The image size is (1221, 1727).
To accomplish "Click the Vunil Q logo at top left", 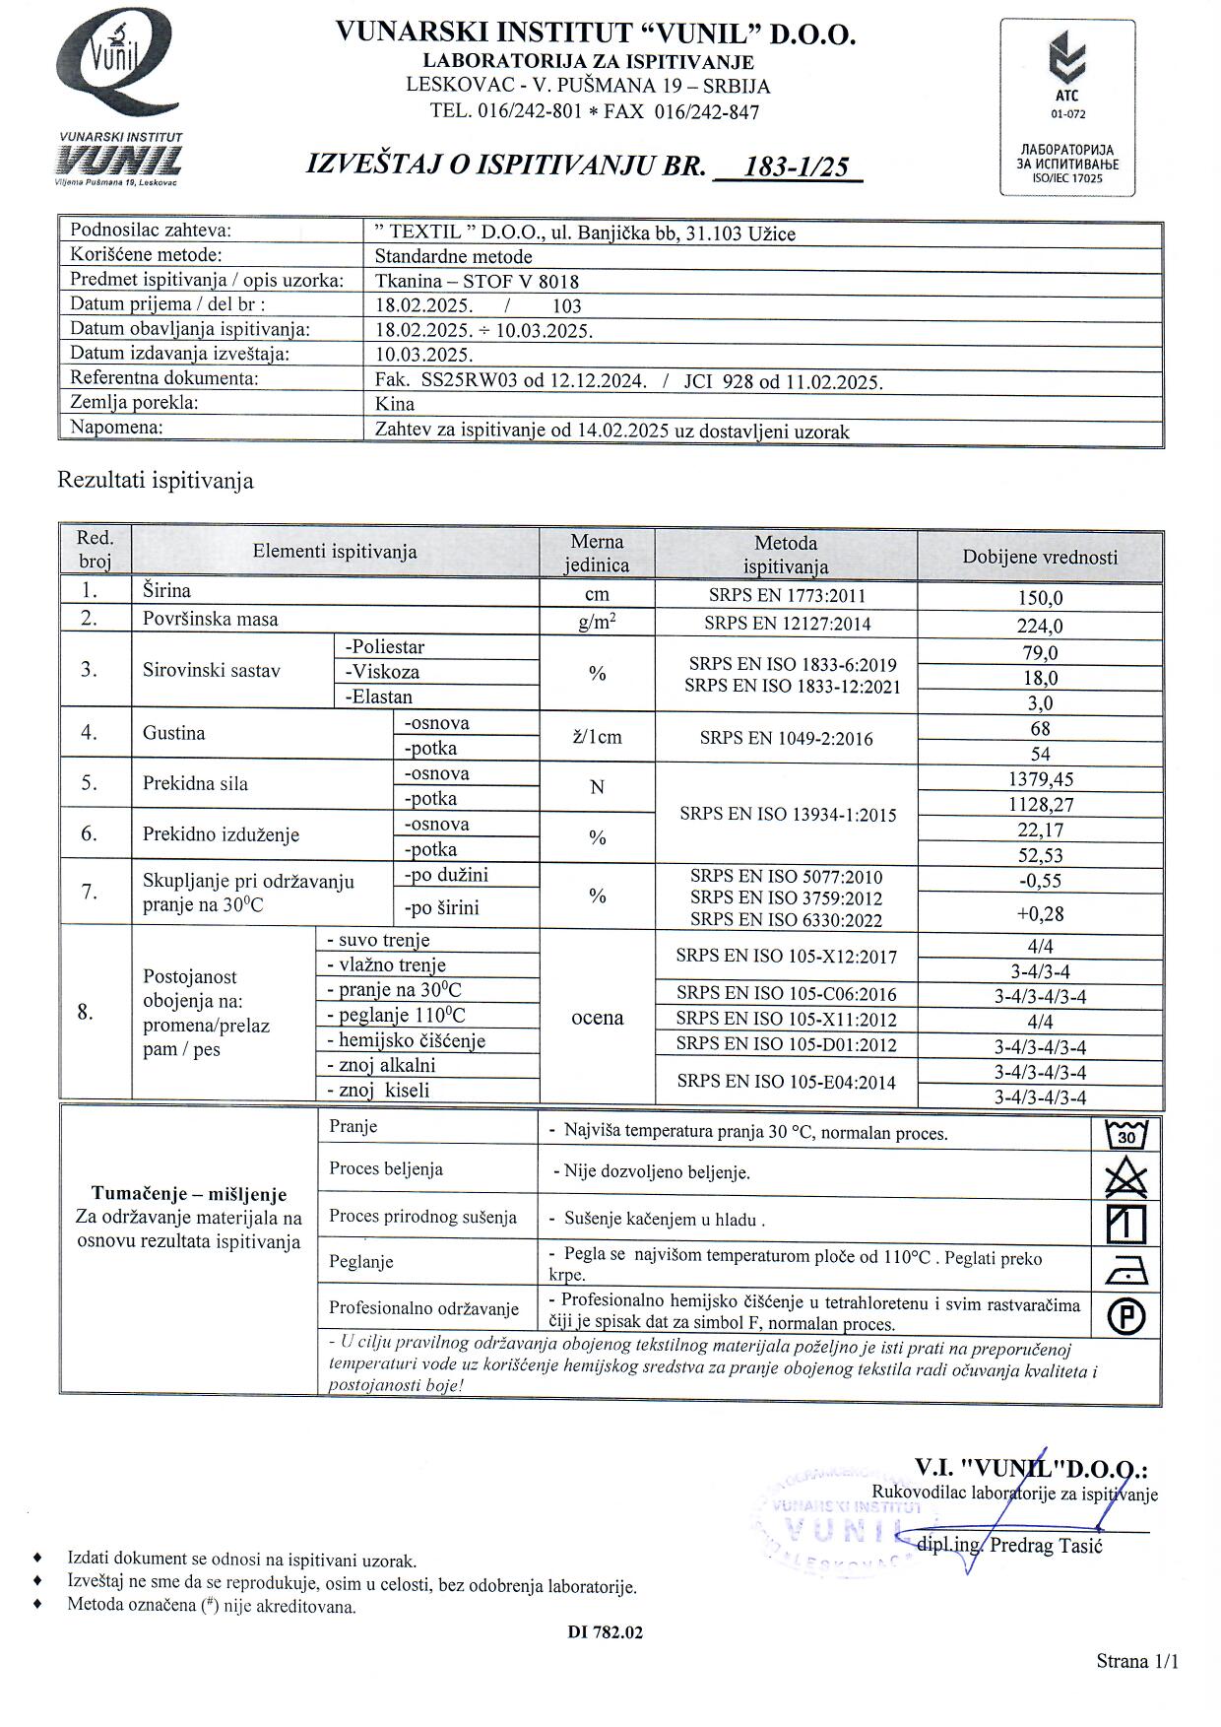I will (118, 67).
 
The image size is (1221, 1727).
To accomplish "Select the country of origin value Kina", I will (395, 404).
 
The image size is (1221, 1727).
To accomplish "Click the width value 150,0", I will (1040, 598).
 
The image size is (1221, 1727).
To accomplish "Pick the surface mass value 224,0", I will (1040, 626).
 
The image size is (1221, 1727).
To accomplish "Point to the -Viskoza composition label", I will (382, 672).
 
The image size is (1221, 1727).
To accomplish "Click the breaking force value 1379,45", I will (1040, 779).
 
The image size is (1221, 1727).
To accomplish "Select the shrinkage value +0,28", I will (1040, 913).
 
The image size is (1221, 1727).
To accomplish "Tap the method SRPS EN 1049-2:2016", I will (786, 738).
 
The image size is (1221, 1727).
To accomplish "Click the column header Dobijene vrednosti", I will (1040, 557).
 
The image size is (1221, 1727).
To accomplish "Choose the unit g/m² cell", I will (597, 622).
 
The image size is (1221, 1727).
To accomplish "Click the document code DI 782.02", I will (605, 1632).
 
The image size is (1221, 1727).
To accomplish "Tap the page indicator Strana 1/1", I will (1136, 1661).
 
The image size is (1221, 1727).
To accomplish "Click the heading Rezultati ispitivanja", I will (156, 481).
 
